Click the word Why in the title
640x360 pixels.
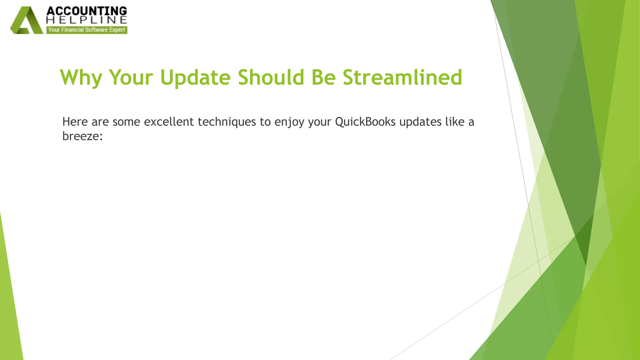81,77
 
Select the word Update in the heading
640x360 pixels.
195,77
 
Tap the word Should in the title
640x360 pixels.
271,77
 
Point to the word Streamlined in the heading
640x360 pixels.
402,77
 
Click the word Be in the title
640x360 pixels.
323,77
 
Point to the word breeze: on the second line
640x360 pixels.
82,136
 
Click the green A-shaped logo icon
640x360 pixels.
26,21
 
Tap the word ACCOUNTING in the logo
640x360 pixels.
87,11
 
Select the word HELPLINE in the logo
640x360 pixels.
87,20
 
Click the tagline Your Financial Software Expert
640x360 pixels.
87,30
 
